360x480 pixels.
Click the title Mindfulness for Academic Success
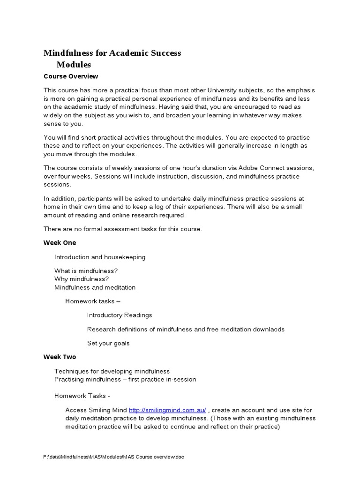tap(112, 53)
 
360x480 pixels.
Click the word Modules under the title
tap(74, 65)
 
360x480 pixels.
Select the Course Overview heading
tap(71, 76)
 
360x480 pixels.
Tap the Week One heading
tap(60, 243)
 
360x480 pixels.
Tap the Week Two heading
tap(60, 357)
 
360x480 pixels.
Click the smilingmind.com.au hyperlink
tap(167, 410)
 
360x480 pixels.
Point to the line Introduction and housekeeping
tap(100, 257)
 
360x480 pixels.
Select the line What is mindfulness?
tap(86, 271)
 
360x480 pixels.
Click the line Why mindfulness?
tap(82, 279)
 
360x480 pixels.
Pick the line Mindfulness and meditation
tap(95, 287)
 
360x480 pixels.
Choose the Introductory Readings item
tap(120, 315)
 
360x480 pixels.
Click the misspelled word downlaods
tap(269, 330)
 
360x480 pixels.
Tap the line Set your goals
tap(108, 344)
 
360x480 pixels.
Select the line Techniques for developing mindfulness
tap(112, 371)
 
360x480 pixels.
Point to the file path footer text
tap(113, 457)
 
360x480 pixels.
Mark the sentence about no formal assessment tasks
tap(123, 229)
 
